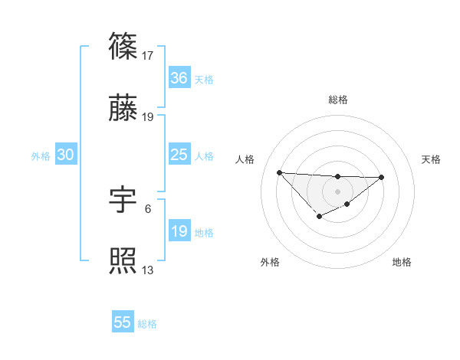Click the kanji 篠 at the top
click(123, 47)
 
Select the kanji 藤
click(123, 109)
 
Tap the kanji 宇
click(123, 200)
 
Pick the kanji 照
click(123, 262)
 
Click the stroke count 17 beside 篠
click(149, 55)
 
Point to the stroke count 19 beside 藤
click(149, 117)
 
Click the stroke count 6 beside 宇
click(148, 208)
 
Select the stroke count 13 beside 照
click(149, 270)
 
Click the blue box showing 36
click(179, 78)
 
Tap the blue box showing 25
click(179, 155)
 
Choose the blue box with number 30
click(66, 155)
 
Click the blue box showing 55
click(123, 322)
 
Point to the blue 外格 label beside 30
click(41, 155)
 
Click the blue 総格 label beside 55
click(147, 324)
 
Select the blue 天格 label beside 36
click(204, 79)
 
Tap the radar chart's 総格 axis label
click(337, 100)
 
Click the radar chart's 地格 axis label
click(402, 262)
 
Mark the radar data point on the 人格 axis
click(279, 172)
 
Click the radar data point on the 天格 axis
click(382, 177)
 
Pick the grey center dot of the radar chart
click(337, 191)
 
